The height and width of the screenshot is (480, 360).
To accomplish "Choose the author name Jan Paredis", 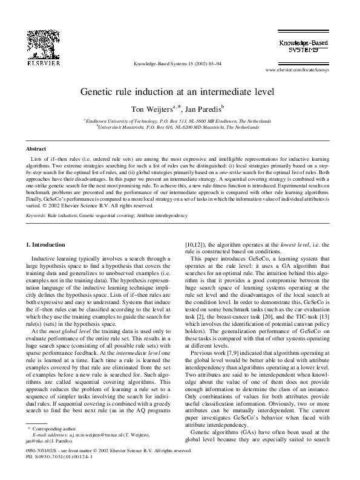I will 203,109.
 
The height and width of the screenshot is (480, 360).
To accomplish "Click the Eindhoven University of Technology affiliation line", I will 180,121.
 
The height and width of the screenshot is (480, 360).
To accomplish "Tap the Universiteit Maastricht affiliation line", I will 180,127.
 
